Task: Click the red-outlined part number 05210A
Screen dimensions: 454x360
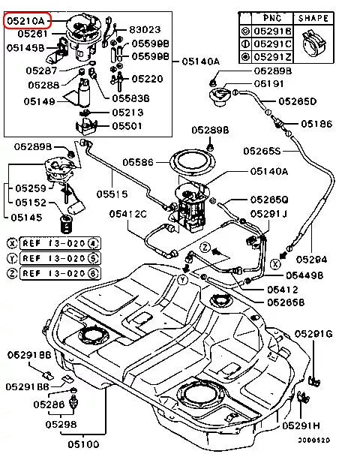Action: coord(26,20)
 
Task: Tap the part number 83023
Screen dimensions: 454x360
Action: coord(145,29)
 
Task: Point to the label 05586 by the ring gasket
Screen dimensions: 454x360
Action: coord(138,161)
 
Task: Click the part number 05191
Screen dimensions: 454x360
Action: coord(267,85)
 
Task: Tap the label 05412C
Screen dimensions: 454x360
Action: coord(127,214)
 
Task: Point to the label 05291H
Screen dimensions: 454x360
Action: coord(301,425)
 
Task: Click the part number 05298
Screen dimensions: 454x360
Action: coord(61,425)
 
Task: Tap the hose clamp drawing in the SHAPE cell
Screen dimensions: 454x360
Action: coord(313,43)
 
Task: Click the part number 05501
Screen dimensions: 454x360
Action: coord(126,125)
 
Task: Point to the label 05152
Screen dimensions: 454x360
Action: coord(31,203)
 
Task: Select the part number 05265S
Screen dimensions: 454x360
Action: coord(261,151)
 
